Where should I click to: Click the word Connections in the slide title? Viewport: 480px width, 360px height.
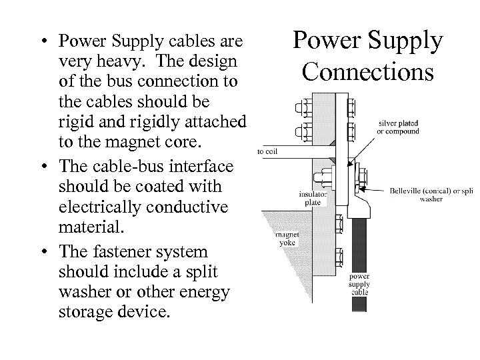(368, 70)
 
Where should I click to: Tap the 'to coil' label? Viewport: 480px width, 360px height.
(267, 151)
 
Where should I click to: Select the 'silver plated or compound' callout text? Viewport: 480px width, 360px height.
(399, 127)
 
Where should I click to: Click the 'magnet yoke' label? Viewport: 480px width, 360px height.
(286, 239)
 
